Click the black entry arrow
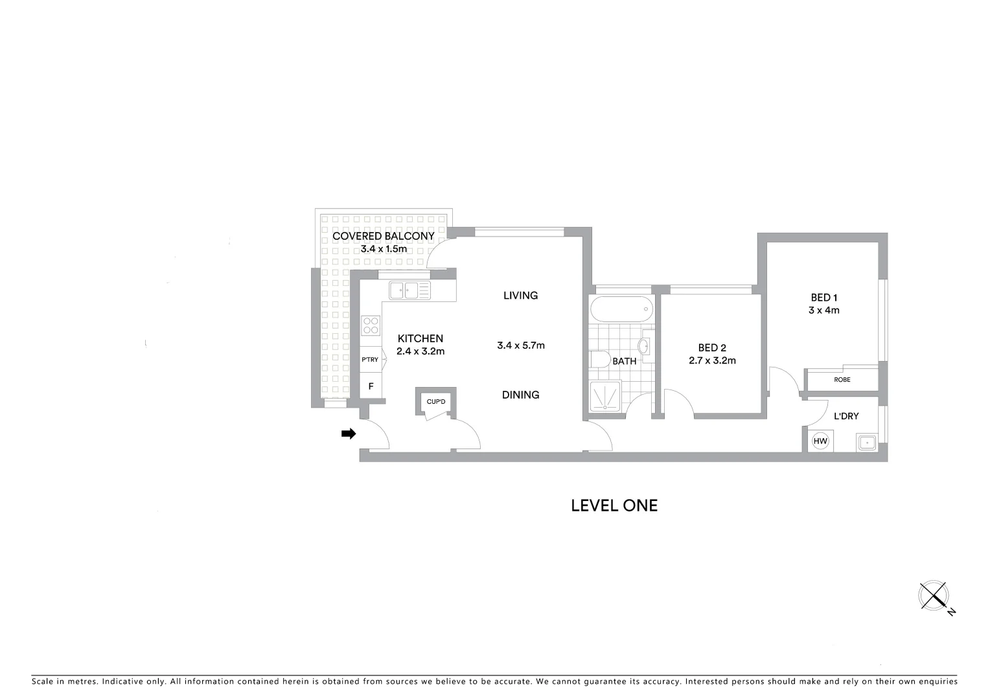[349, 434]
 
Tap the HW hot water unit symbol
[820, 441]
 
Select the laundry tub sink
[866, 443]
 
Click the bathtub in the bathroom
[621, 309]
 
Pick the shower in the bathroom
[605, 396]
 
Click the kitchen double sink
[409, 290]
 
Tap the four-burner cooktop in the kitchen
[371, 325]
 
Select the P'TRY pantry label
[370, 360]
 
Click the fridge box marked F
[371, 386]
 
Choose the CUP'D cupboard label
[436, 402]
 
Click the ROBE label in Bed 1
[842, 380]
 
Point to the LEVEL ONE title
[614, 506]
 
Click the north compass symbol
[934, 596]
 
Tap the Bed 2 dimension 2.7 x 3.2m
[712, 361]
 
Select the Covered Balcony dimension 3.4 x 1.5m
[384, 249]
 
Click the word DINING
[520, 395]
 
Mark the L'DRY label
[846, 416]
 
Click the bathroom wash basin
[645, 345]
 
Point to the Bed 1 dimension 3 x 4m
[824, 310]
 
